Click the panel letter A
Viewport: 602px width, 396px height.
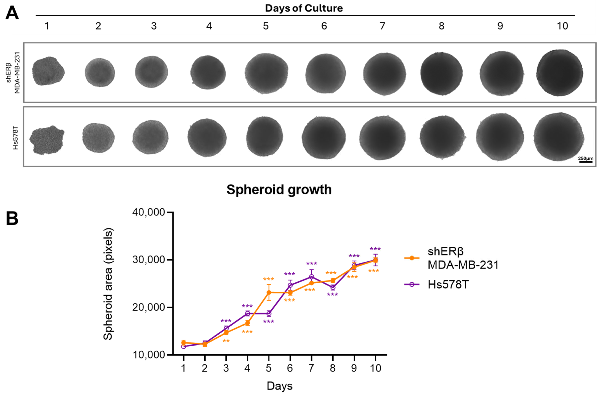point(12,13)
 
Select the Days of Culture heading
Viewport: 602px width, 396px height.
point(304,8)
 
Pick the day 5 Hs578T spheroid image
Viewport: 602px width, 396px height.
point(265,137)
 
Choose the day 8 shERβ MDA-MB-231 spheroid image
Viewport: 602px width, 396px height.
point(442,73)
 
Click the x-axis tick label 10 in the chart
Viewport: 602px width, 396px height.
point(375,368)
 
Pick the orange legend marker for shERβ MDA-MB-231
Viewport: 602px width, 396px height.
point(412,258)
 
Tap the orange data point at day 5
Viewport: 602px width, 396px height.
point(269,292)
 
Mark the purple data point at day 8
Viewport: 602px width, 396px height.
point(333,287)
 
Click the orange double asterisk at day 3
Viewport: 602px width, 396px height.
point(226,341)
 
